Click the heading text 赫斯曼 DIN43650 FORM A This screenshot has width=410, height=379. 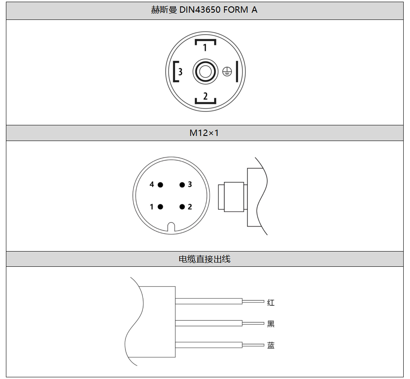[x=204, y=10]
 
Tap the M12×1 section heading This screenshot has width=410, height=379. [x=204, y=133]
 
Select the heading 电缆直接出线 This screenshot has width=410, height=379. [x=205, y=259]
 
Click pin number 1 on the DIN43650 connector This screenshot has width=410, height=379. [x=205, y=47]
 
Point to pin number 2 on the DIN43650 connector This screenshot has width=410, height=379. [x=205, y=96]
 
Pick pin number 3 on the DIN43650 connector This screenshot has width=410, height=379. [x=180, y=72]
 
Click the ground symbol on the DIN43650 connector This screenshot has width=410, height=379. [x=227, y=72]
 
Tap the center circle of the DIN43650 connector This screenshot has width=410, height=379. [x=205, y=72]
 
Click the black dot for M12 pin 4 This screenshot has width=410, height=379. [x=160, y=185]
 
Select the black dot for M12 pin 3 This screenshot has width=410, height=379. [x=182, y=185]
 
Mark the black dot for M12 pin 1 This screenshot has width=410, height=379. [x=160, y=207]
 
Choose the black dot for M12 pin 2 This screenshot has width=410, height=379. [x=182, y=207]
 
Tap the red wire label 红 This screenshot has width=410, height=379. [x=271, y=302]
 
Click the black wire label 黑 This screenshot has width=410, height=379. [x=271, y=324]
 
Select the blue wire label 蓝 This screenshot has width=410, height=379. [x=271, y=345]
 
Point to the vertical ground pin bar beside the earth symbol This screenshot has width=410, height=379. [x=237, y=72]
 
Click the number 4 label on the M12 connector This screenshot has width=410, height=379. [x=152, y=184]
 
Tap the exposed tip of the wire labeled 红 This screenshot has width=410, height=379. [x=253, y=302]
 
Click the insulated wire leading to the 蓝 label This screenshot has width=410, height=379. [x=209, y=345]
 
